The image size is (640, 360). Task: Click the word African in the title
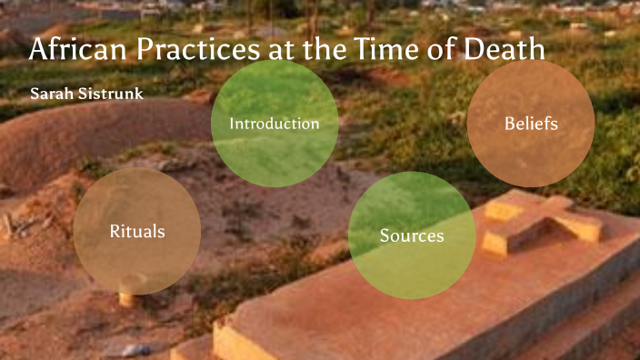71,50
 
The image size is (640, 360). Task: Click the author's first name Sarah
48,95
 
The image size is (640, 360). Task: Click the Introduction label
274,124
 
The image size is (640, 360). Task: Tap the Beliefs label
531,123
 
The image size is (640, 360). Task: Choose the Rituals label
137,232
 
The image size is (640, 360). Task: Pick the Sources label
412,236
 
